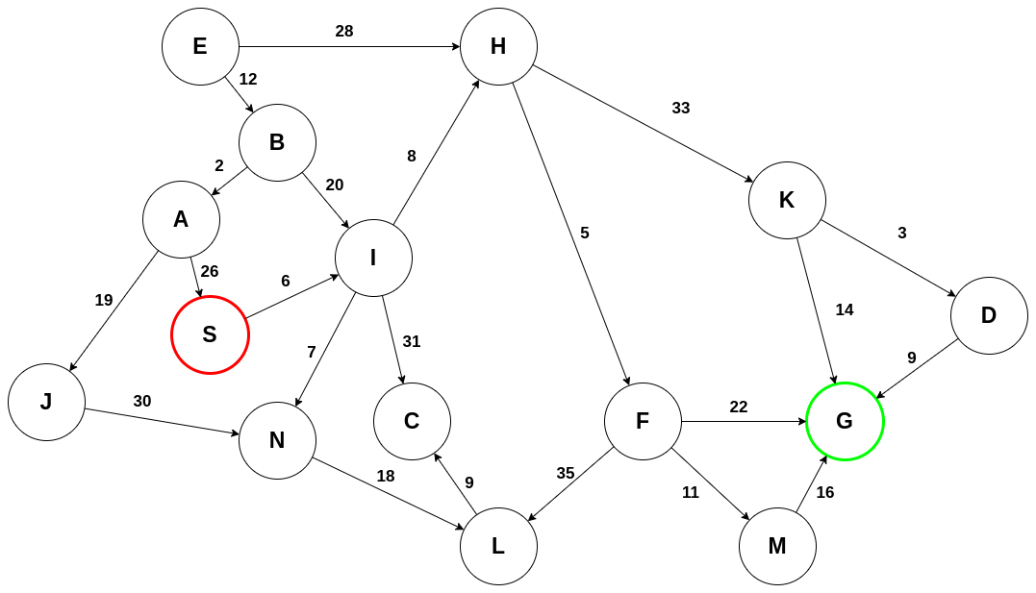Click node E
(200, 46)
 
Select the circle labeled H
(498, 46)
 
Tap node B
(277, 142)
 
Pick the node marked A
(181, 219)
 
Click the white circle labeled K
(787, 200)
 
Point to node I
(373, 258)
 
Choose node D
(989, 315)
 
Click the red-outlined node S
(210, 334)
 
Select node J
(46, 402)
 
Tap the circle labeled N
(277, 440)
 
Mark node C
(412, 421)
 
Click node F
(643, 421)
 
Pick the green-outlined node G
(845, 421)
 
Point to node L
(498, 546)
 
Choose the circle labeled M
(777, 546)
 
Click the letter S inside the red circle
(210, 334)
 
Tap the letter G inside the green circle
(845, 421)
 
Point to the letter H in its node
(498, 46)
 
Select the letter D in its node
(989, 315)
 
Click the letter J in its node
(46, 402)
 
